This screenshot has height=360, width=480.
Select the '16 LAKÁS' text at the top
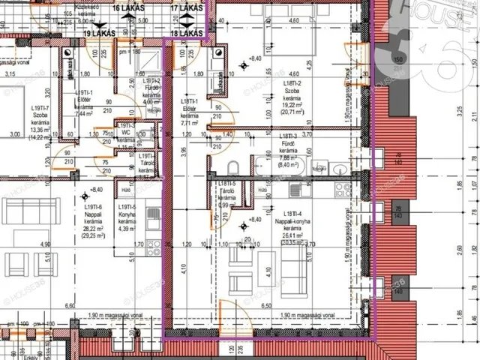pyautogui.click(x=128, y=7)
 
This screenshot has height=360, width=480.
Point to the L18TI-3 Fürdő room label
pyautogui.click(x=288, y=146)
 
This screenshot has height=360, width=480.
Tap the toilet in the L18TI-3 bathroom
pyautogui.click(x=232, y=166)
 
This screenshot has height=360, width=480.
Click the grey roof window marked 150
pyautogui.click(x=396, y=59)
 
